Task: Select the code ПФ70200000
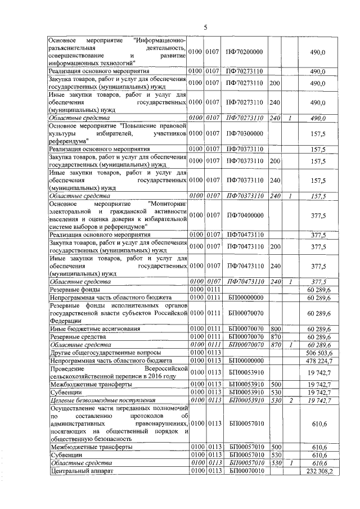245,52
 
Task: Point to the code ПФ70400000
245,214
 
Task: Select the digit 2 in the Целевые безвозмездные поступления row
289,399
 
